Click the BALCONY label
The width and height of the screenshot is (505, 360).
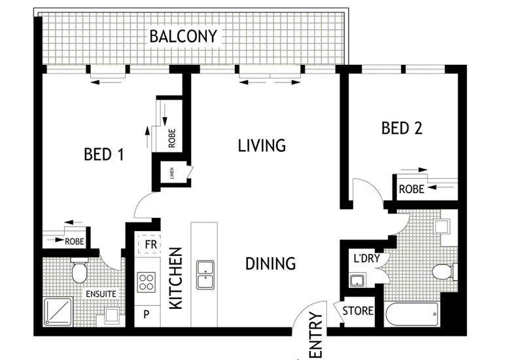(183, 36)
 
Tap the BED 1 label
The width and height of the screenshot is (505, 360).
(104, 154)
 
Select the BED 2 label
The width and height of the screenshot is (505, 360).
(402, 128)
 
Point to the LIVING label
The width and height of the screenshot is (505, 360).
(262, 145)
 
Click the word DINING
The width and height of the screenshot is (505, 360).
(271, 264)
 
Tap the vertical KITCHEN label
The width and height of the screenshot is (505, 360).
(176, 278)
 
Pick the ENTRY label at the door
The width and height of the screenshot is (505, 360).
(315, 335)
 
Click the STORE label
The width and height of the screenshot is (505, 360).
(358, 311)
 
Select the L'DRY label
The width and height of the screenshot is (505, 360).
(367, 258)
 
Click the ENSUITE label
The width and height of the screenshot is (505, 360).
(101, 294)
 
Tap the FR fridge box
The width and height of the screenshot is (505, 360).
(149, 244)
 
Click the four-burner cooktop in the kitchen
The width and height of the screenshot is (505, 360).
(147, 282)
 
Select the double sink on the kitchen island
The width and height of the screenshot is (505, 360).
(205, 275)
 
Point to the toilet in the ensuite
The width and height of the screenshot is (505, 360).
(80, 270)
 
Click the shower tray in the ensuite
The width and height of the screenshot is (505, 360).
(58, 312)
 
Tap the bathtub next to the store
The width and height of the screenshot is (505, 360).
(411, 314)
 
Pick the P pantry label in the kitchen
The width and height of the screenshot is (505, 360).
(147, 314)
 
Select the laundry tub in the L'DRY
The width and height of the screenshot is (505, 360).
(357, 280)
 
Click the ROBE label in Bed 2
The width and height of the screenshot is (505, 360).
(411, 189)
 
